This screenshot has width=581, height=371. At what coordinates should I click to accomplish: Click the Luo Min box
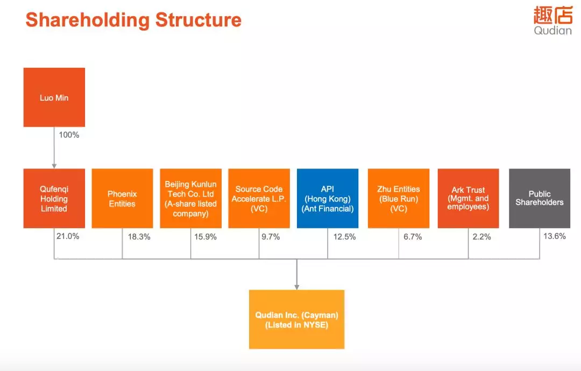(x=54, y=97)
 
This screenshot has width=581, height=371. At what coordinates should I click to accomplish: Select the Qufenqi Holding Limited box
(x=54, y=199)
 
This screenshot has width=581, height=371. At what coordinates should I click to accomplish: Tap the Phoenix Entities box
(x=122, y=199)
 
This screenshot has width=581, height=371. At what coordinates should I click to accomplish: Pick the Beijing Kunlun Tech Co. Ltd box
(x=191, y=199)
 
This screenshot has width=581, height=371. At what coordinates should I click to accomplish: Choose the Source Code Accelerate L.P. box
(x=259, y=199)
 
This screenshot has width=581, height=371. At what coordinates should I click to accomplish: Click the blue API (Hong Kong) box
(x=328, y=199)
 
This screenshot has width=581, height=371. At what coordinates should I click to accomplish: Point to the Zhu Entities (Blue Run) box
(x=399, y=199)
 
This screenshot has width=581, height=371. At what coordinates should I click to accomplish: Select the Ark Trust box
(x=469, y=199)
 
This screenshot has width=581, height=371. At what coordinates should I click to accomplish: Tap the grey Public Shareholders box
(x=540, y=199)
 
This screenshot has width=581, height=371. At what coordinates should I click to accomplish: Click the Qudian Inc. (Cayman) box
(x=297, y=319)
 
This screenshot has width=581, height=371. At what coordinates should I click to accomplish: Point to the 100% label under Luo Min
(x=69, y=135)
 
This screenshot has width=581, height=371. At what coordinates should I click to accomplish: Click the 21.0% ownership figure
(x=68, y=236)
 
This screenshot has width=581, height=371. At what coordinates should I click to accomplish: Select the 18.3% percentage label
(x=139, y=237)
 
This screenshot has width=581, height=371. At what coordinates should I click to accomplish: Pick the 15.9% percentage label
(x=206, y=237)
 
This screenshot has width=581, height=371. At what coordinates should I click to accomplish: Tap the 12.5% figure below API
(x=345, y=237)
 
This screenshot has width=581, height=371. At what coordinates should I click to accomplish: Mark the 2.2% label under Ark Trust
(x=481, y=237)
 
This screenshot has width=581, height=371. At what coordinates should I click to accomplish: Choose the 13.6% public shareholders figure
(x=555, y=236)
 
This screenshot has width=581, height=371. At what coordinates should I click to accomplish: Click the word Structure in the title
(x=199, y=20)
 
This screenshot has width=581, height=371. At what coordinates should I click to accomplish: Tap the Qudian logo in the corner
(x=553, y=21)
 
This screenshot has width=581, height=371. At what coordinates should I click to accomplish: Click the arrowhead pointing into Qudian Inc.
(x=297, y=287)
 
